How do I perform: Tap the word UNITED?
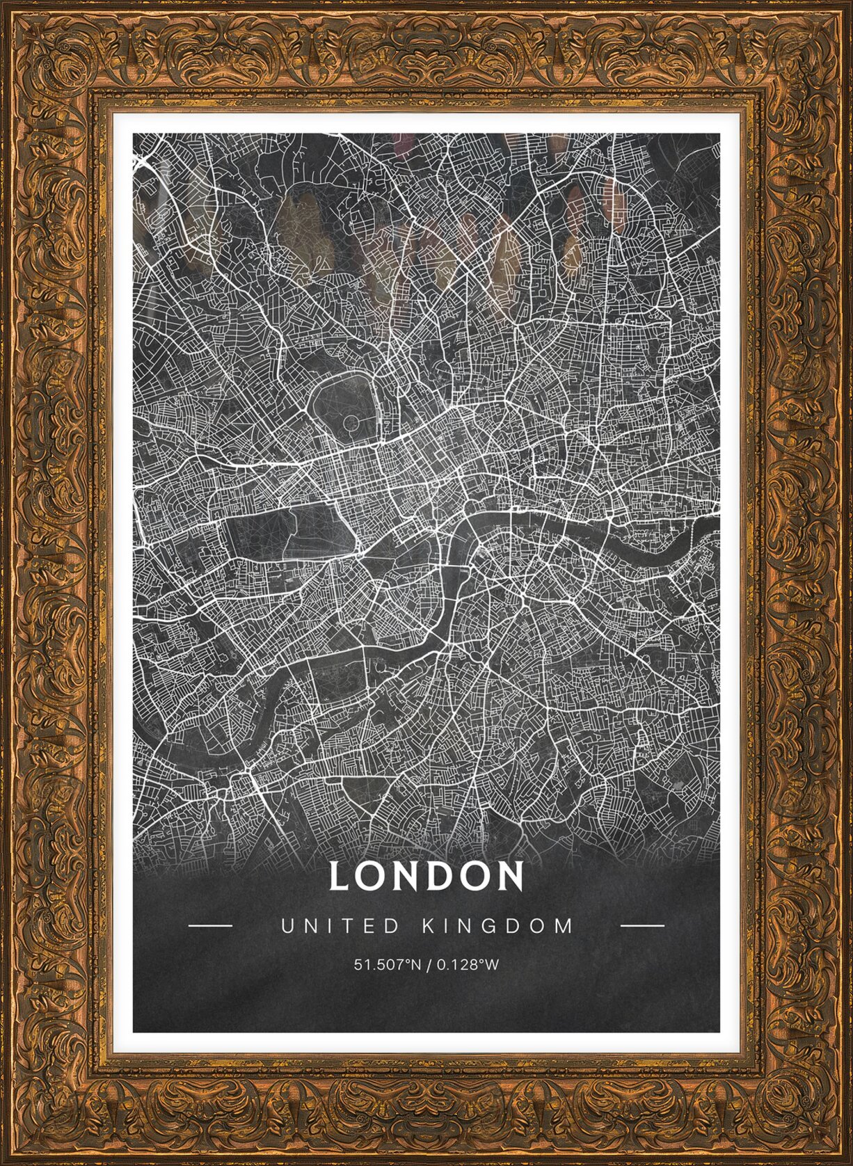[340, 926]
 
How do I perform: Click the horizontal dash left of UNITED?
[210, 926]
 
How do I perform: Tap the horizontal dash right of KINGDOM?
[641, 926]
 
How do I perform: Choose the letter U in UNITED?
[286, 926]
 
